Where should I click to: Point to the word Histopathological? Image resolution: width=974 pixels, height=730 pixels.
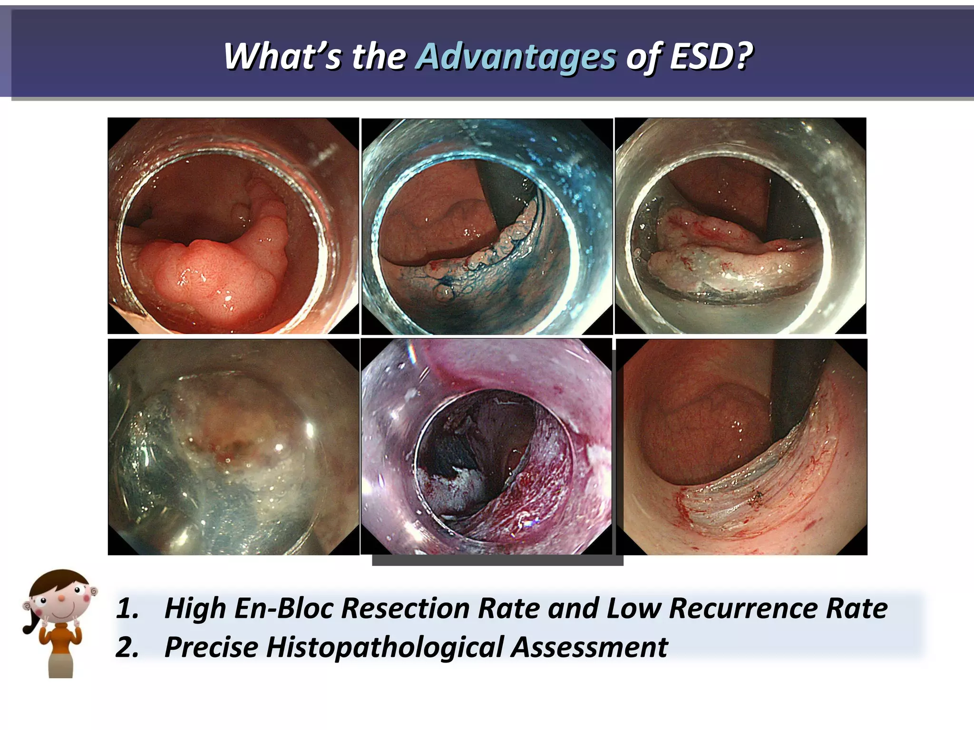(x=385, y=647)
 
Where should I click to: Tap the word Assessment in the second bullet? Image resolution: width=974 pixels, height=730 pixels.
(x=590, y=647)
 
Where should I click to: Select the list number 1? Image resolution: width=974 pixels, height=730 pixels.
(x=127, y=609)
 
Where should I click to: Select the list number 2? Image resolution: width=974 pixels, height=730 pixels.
(x=127, y=648)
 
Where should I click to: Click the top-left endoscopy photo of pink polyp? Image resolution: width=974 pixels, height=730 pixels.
(x=233, y=226)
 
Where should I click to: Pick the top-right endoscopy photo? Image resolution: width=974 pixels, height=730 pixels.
(x=740, y=226)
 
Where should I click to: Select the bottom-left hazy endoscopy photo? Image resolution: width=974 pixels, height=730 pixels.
(x=234, y=447)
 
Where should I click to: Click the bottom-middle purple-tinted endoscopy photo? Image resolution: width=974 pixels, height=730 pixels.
(x=487, y=447)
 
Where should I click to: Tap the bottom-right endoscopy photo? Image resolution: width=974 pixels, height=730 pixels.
(x=741, y=447)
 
